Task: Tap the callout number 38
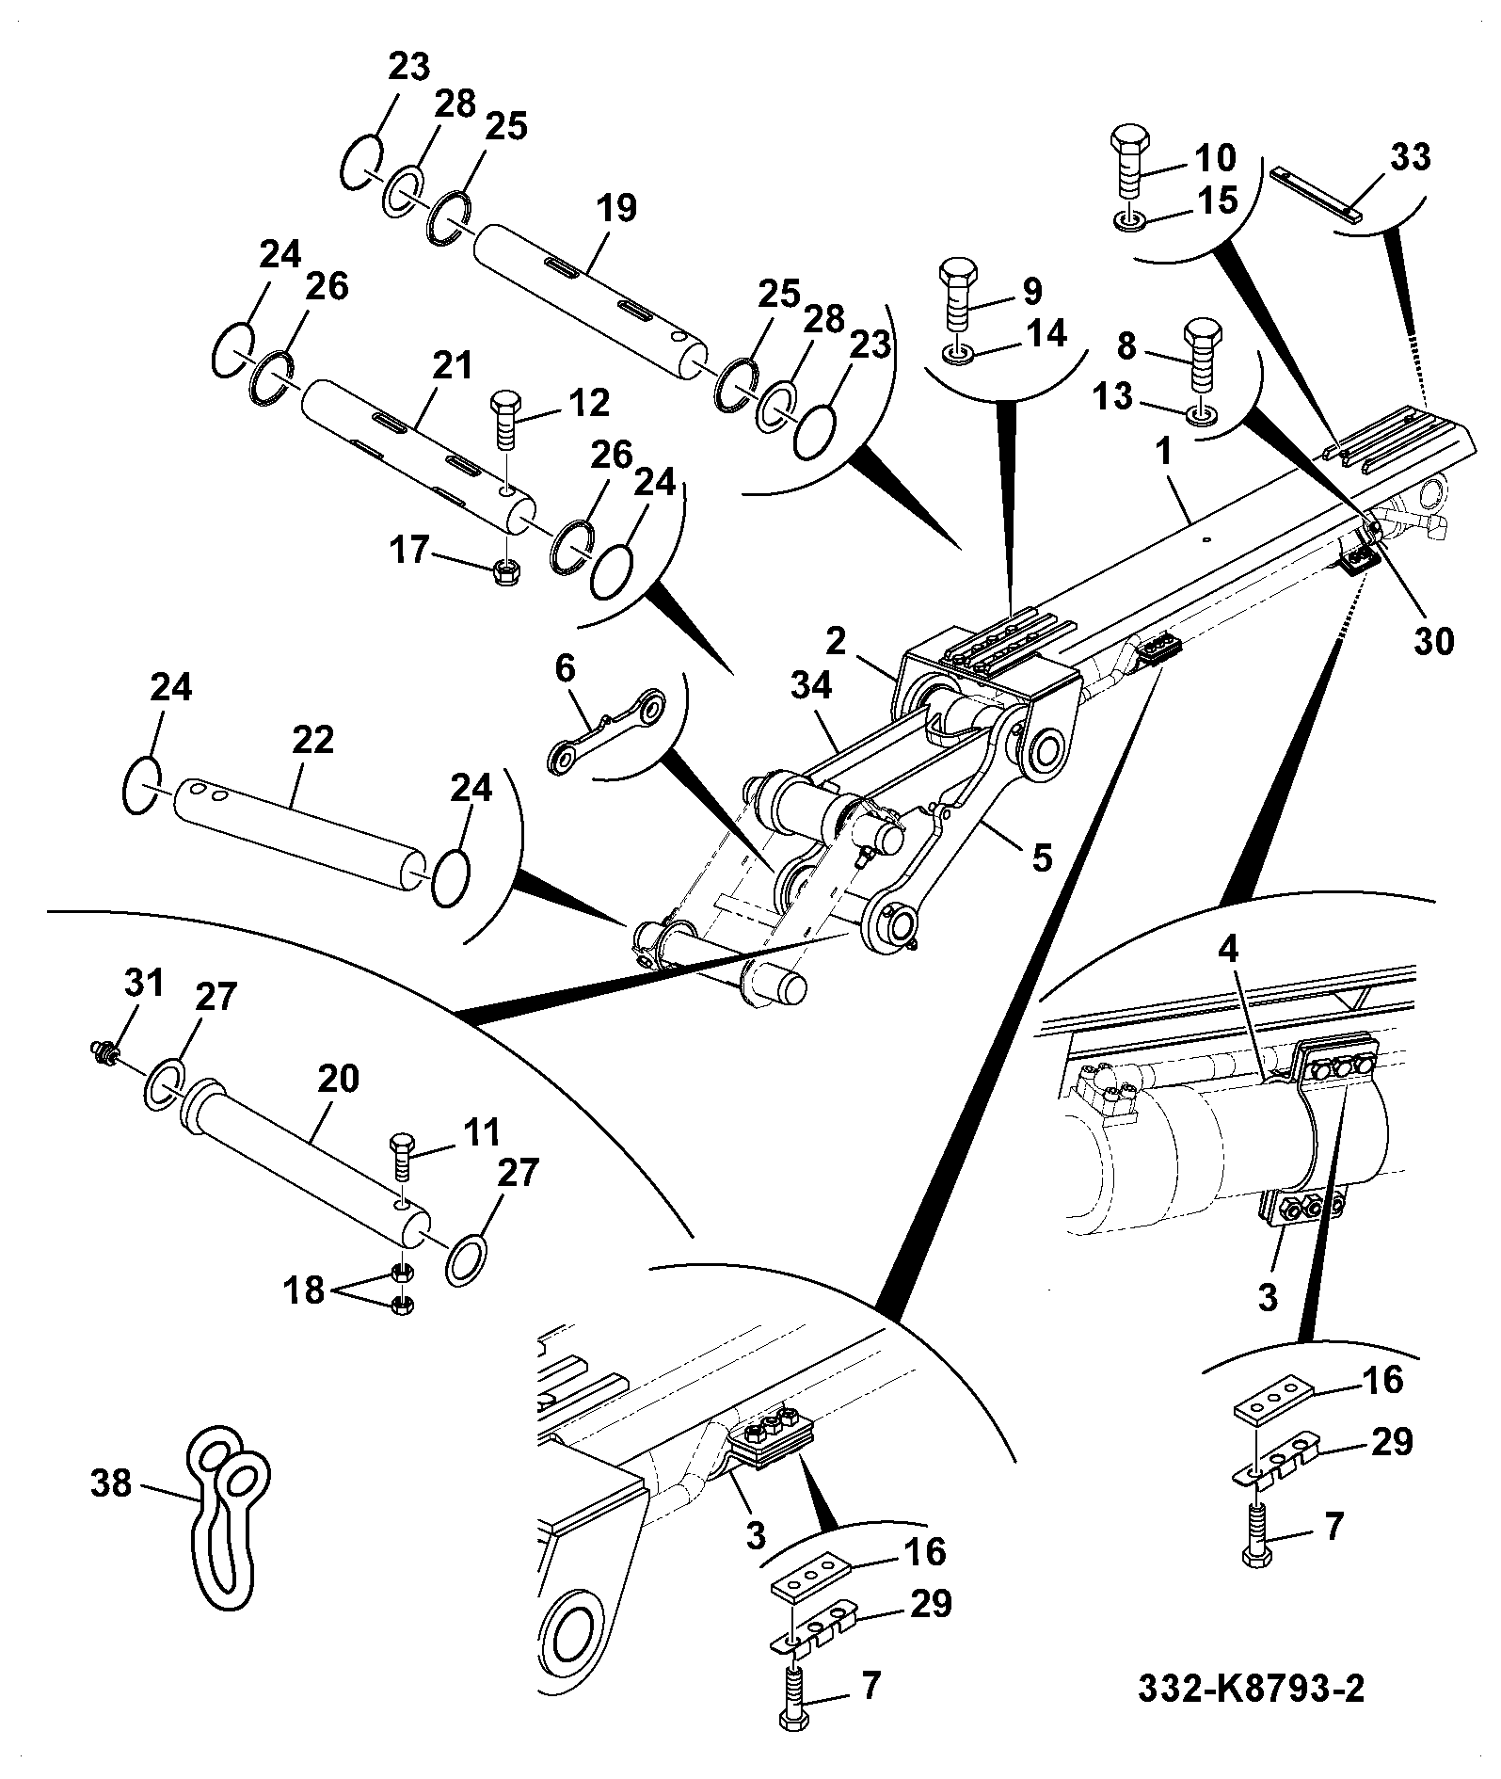point(111,1483)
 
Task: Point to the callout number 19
point(615,207)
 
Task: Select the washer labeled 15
point(1129,220)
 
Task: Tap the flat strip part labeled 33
point(1317,194)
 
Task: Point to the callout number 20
point(338,1080)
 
